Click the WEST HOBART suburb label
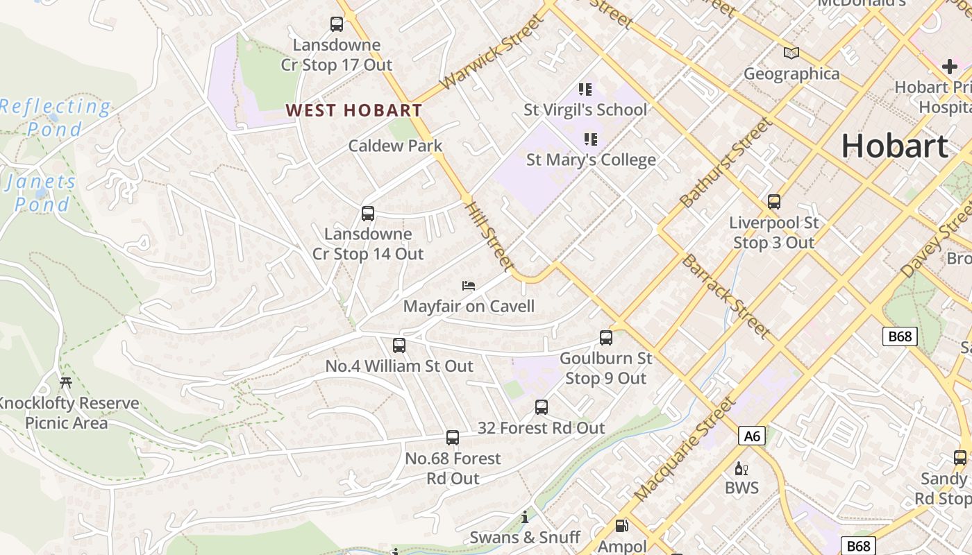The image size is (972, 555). (353, 110)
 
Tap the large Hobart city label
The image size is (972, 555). (894, 146)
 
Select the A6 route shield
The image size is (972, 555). (752, 436)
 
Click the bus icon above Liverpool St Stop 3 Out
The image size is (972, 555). (774, 202)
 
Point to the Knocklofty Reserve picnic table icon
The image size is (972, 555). (66, 382)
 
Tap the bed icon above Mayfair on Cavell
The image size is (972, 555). (469, 286)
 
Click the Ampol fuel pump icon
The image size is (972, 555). (622, 527)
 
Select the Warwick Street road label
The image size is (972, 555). (492, 52)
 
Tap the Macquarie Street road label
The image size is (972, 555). (684, 450)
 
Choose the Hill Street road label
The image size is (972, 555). (489, 237)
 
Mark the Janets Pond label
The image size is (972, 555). (41, 193)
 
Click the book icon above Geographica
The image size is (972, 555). (791, 53)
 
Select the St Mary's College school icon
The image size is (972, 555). (590, 139)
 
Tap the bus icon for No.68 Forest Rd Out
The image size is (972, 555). (453, 438)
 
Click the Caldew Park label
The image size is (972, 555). (395, 146)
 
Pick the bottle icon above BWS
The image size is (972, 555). (741, 468)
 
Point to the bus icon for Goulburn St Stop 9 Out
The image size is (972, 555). (606, 338)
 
